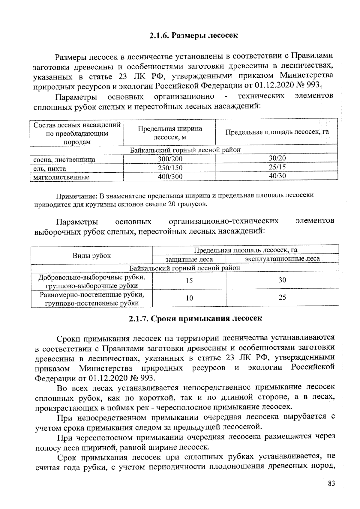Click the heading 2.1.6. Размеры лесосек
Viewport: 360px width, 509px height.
(193, 36)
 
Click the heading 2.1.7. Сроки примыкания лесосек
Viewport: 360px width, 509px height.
(195, 318)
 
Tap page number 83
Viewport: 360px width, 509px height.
(331, 483)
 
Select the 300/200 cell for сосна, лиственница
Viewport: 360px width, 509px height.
(170, 159)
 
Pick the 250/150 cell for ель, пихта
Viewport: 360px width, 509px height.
(170, 168)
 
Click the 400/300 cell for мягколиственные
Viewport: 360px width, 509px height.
(170, 177)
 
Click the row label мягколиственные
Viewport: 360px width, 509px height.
(61, 177)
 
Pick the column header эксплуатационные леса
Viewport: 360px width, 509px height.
(282, 258)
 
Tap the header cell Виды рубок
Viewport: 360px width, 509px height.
(91, 255)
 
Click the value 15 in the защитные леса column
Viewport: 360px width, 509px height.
(189, 281)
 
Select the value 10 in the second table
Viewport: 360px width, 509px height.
(189, 298)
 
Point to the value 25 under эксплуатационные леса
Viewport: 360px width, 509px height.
(282, 297)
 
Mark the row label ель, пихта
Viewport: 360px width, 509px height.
(50, 168)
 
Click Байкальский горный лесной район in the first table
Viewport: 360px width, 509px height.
(185, 150)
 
